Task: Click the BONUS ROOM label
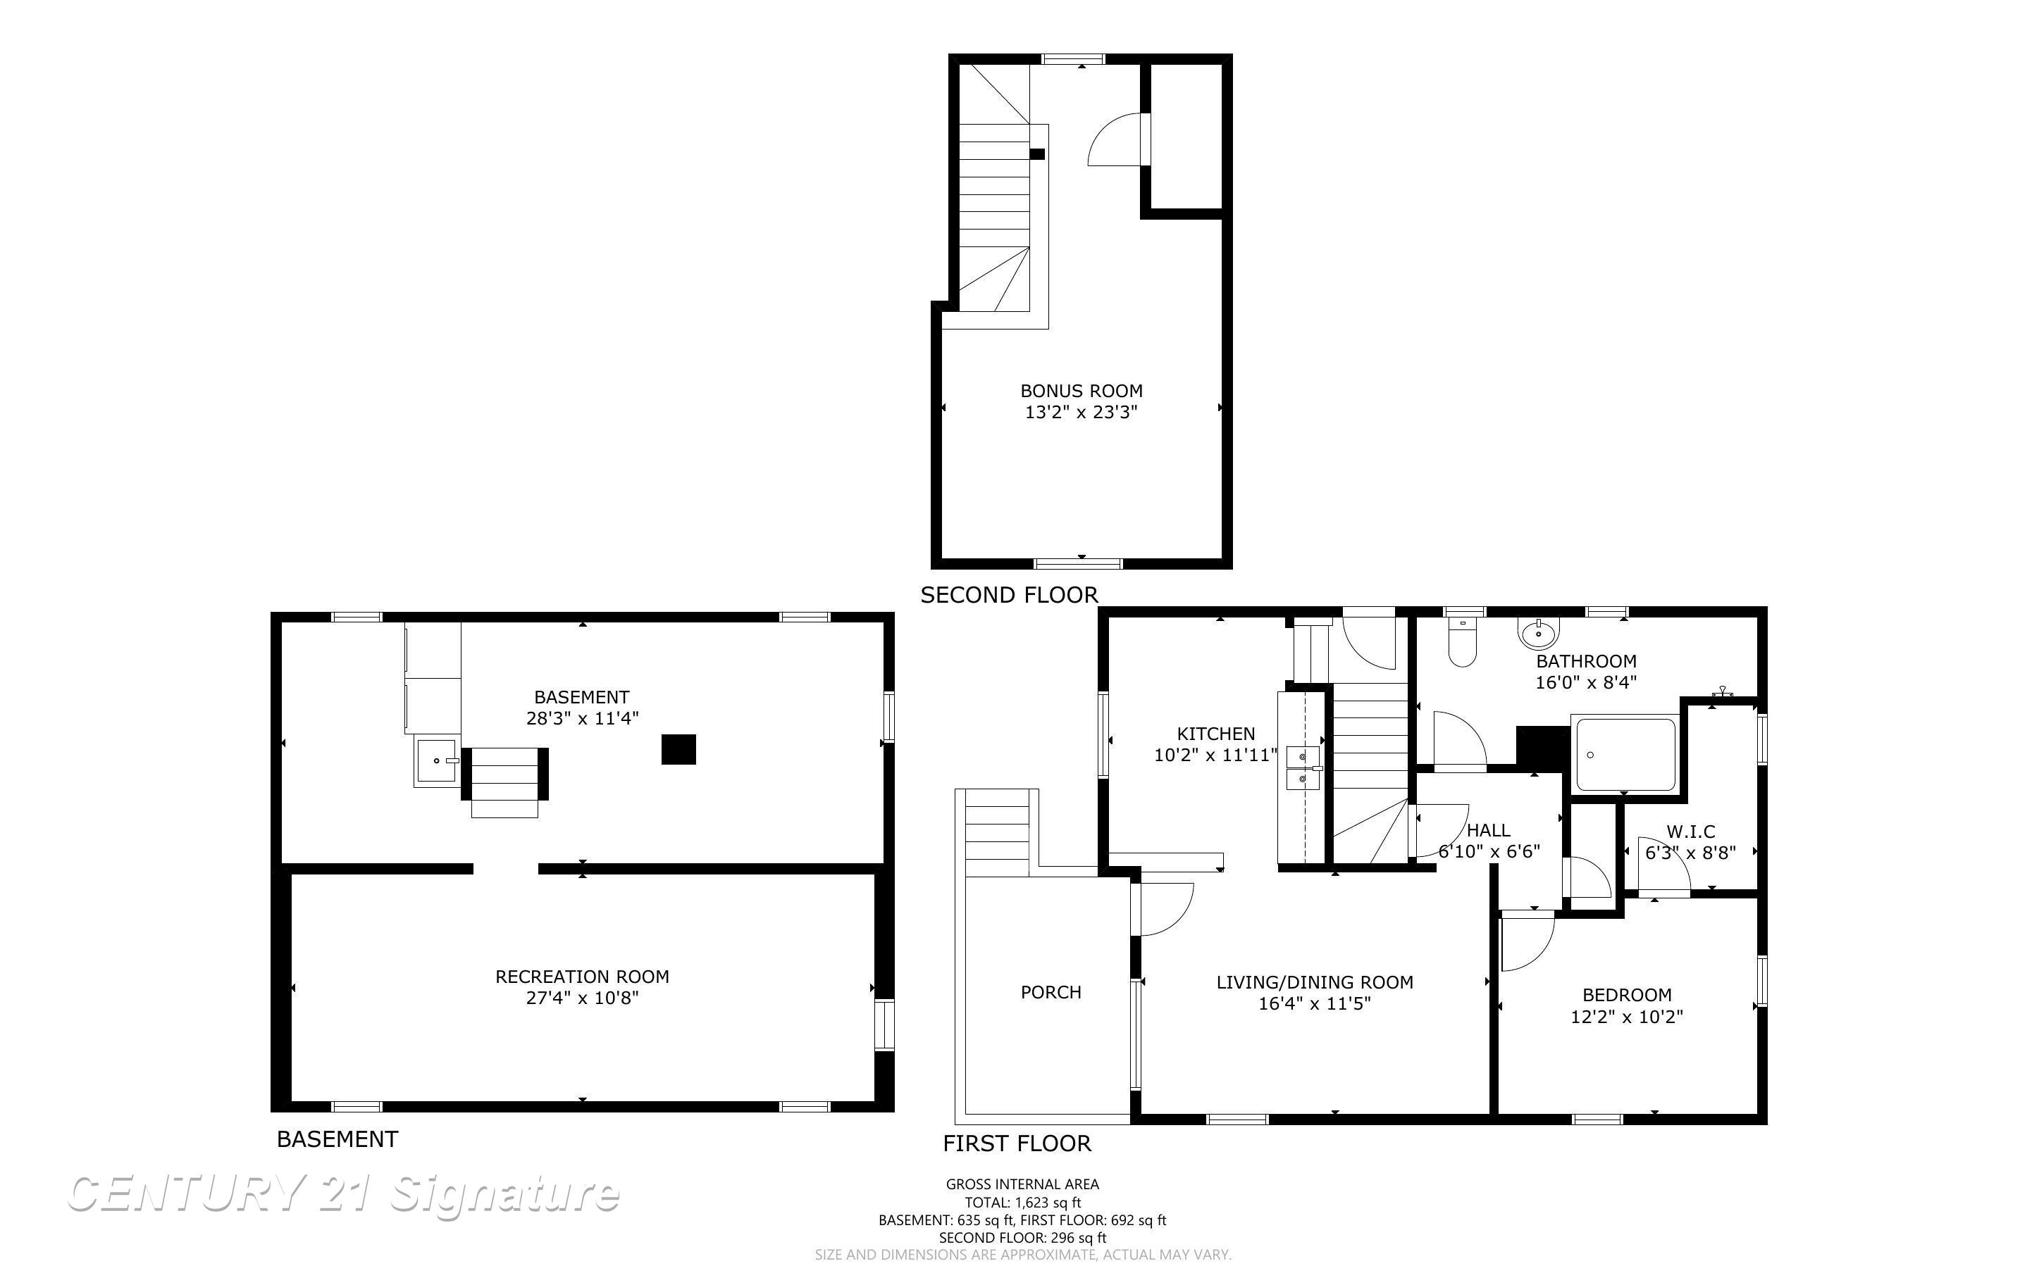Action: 1081,391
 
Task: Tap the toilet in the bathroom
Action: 1461,645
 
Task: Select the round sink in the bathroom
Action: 1539,632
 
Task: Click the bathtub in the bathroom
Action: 1625,754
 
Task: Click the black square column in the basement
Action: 678,749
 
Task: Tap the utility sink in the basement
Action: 437,760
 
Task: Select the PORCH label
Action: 1051,993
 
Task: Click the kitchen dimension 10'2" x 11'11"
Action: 1215,755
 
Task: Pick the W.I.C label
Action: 1690,832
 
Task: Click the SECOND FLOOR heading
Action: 1009,595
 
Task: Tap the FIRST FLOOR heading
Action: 1017,1143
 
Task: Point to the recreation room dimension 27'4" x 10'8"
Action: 582,998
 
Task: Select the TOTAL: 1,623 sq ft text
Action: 1022,1203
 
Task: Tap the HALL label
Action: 1488,830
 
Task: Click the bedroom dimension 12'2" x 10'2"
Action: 1626,1017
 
